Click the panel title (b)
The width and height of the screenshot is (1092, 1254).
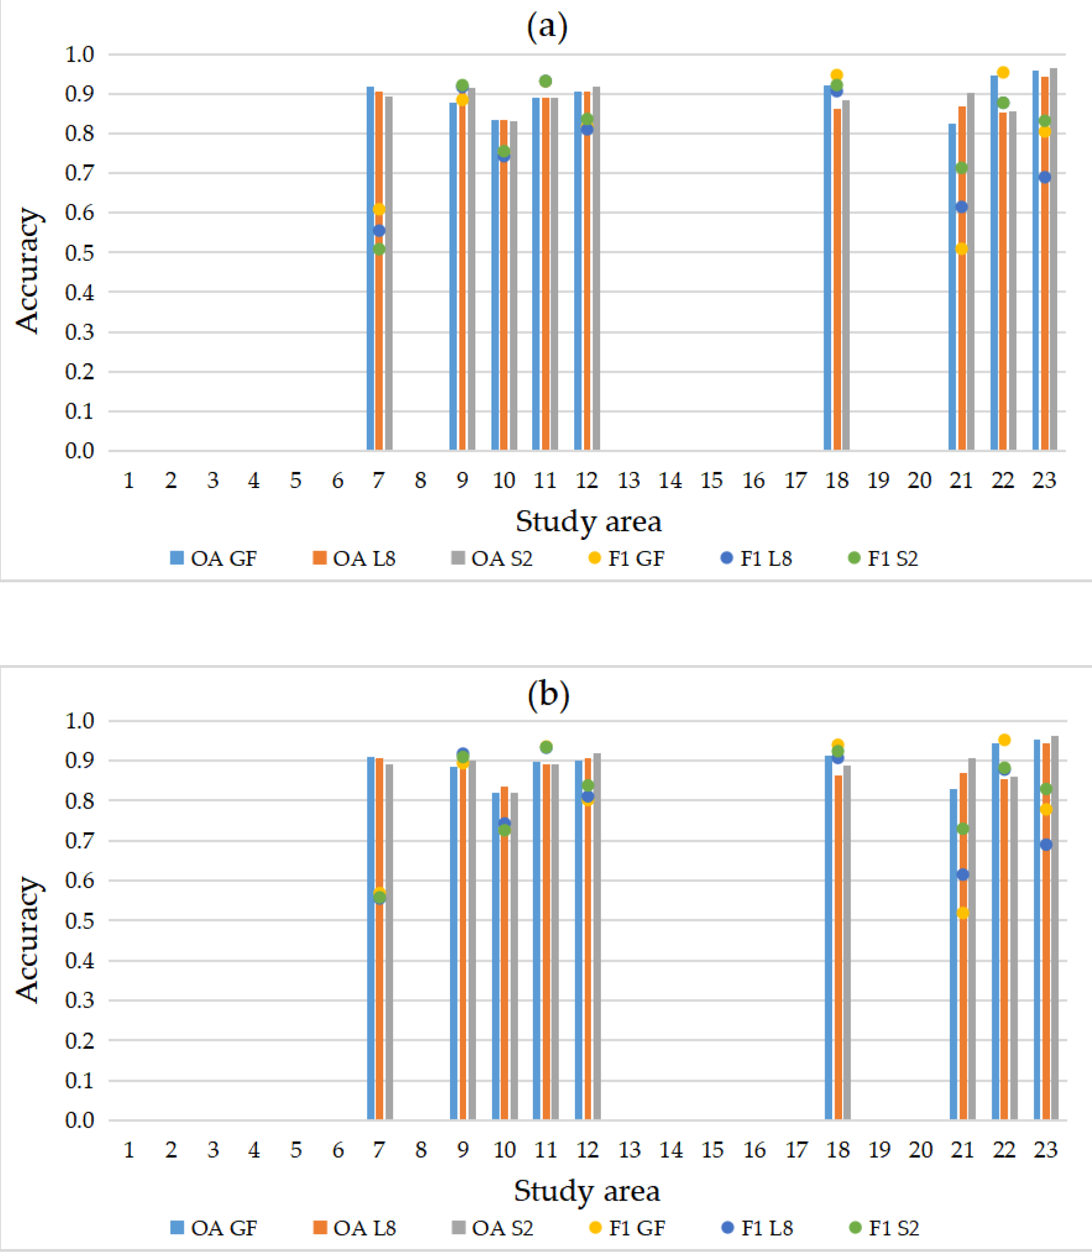(548, 695)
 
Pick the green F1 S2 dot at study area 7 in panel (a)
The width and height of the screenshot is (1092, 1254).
(379, 249)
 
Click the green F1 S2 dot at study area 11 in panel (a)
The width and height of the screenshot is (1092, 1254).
(545, 81)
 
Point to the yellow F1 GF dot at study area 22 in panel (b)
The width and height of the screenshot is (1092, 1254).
(1004, 739)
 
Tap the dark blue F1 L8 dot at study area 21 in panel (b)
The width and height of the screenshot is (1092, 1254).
(963, 875)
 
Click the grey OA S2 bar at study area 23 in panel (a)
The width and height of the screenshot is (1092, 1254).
(1053, 274)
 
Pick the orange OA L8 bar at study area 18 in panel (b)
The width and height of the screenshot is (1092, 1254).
(838, 951)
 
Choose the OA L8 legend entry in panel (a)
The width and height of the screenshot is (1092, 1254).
(354, 558)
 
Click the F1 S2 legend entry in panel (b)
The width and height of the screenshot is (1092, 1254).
(884, 1228)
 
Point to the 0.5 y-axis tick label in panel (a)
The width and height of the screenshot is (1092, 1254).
(79, 252)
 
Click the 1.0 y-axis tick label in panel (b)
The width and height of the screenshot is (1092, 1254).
(79, 721)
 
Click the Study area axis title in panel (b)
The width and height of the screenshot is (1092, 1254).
(587, 1191)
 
